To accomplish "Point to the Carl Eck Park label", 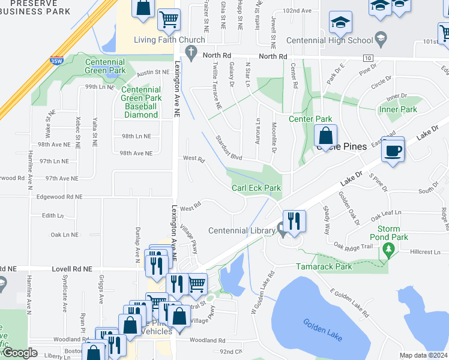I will [256, 188].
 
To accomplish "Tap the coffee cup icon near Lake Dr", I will [393, 150].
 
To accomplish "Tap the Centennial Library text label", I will [241, 231].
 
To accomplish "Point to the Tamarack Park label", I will [324, 266].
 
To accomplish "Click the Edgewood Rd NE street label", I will [59, 197].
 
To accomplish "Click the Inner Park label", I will [398, 110].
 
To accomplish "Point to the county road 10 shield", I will [367, 58].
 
